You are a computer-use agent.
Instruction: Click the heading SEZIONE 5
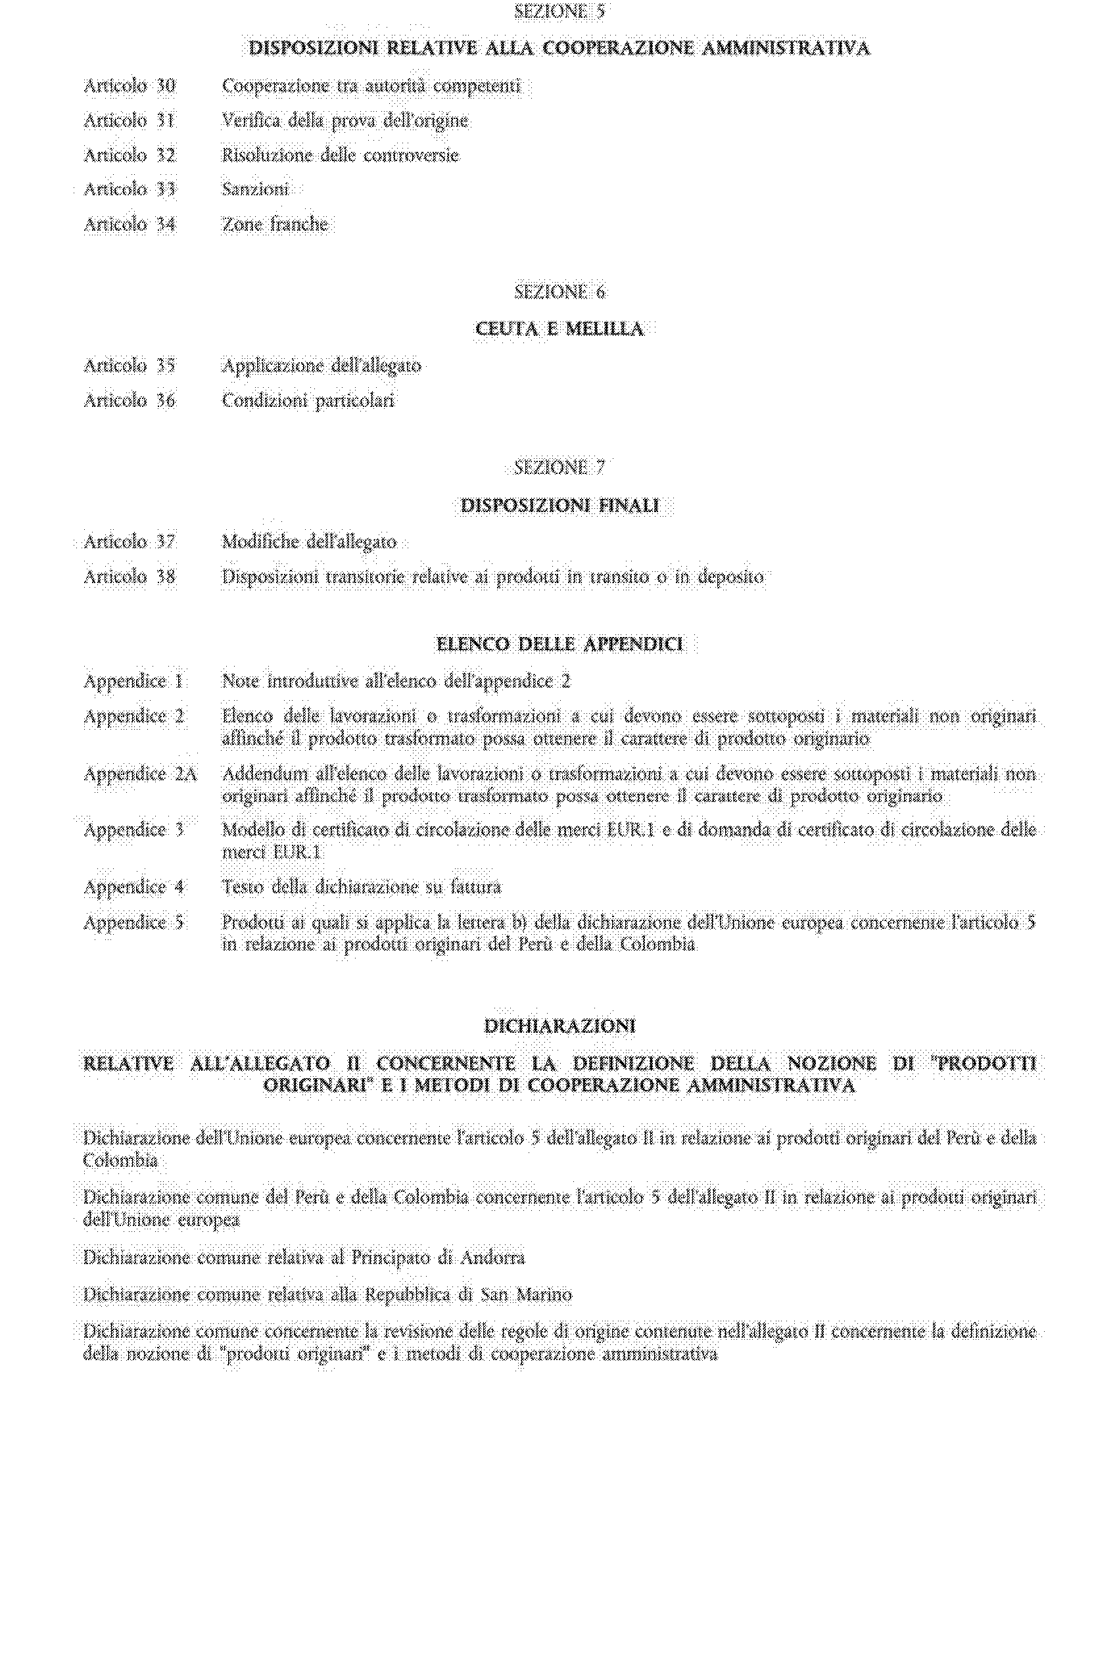559,11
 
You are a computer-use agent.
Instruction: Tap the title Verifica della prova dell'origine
345,120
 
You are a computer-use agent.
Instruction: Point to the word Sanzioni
256,189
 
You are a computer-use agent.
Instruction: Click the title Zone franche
275,225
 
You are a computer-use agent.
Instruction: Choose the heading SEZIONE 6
559,292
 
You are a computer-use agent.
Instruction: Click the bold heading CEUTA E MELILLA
559,329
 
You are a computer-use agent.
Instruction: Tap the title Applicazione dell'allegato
321,366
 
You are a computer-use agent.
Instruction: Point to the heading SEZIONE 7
559,468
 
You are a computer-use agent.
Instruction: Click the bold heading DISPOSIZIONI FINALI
559,506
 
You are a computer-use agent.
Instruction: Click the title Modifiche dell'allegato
309,542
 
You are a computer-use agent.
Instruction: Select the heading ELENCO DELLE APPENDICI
559,645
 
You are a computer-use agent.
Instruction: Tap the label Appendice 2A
140,774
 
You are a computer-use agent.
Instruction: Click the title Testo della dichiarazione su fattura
361,887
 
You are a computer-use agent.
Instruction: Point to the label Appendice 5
133,922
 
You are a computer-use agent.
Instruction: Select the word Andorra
492,1258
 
